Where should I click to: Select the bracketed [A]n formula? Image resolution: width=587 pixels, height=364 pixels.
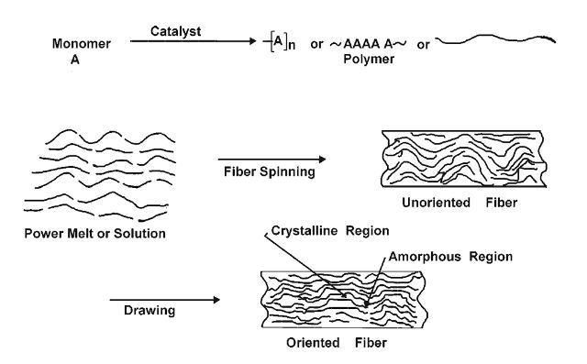click(x=280, y=41)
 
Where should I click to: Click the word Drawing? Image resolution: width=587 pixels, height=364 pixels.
click(x=149, y=309)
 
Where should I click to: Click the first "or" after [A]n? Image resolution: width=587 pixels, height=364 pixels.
click(x=316, y=42)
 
